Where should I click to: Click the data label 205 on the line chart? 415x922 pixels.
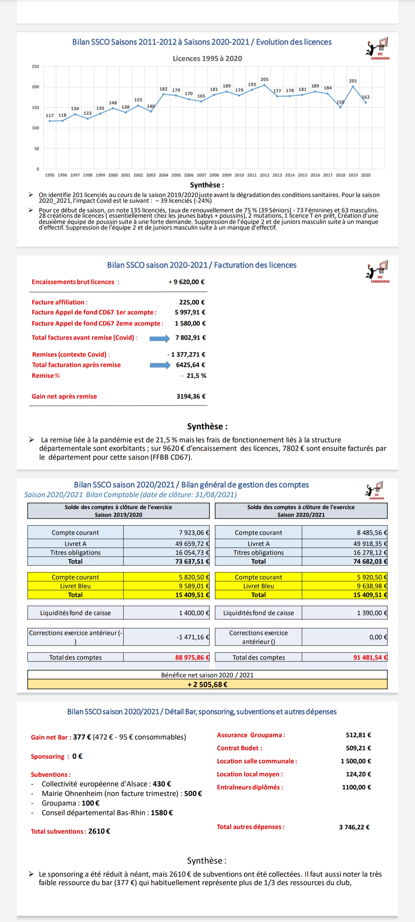point(264,79)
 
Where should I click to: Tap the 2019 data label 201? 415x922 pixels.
point(353,81)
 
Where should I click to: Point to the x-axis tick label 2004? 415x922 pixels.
point(163,175)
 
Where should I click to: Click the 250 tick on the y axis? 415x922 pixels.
point(35,66)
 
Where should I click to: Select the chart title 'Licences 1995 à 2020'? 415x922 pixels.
point(207,58)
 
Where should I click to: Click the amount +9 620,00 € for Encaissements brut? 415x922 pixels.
point(186,282)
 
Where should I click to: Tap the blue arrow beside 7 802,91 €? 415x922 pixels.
point(159,338)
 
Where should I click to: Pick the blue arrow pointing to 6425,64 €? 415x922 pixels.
point(160,365)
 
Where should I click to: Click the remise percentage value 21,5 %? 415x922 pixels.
point(196,376)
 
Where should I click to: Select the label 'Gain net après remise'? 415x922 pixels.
point(64,396)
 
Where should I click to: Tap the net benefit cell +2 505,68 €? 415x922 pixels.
point(207,684)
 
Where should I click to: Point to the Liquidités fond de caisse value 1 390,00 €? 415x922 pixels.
point(372,613)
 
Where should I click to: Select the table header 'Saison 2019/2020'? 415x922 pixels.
point(118,515)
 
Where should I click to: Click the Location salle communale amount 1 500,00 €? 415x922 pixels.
point(356,761)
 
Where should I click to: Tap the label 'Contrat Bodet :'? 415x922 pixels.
point(239,748)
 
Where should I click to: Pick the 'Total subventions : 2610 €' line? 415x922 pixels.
point(71,831)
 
